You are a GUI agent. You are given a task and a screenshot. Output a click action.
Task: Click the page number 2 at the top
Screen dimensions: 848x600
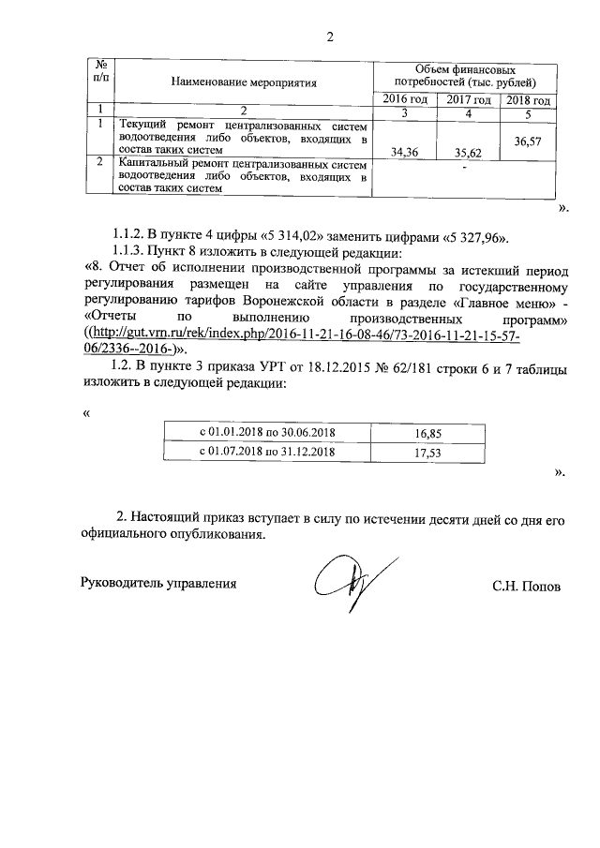(x=329, y=37)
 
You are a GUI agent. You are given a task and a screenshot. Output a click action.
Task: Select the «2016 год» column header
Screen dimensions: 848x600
(x=406, y=100)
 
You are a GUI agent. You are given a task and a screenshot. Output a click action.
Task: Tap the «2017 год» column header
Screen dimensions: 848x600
(x=469, y=100)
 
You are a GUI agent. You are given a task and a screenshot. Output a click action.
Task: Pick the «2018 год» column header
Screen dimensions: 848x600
(x=530, y=100)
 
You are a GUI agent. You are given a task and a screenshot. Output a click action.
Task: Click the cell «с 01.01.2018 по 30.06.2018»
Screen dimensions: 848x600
(x=267, y=433)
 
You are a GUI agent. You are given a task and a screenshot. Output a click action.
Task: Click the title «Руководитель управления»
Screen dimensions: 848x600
(x=157, y=583)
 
